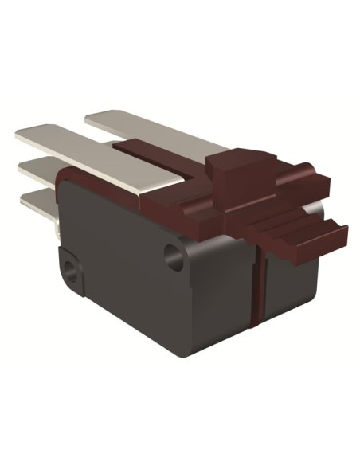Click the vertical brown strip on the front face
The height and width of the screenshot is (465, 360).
pyautogui.click(x=257, y=279)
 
